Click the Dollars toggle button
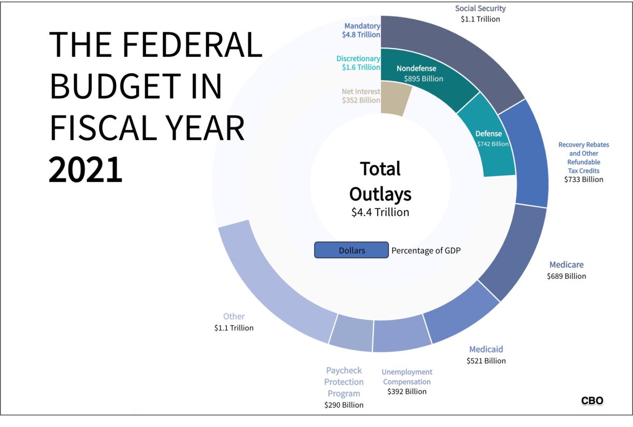coord(351,250)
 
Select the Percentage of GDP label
coord(426,251)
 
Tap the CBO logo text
coord(592,401)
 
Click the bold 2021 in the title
coord(85,170)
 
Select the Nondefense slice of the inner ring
coord(422,74)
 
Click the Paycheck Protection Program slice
coord(351,332)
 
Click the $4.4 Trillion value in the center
coord(380,212)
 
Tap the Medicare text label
coord(566,265)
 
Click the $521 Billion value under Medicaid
coord(486,361)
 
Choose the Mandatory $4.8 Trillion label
coord(361,30)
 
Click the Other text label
coord(234,316)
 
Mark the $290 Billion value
coord(343,405)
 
